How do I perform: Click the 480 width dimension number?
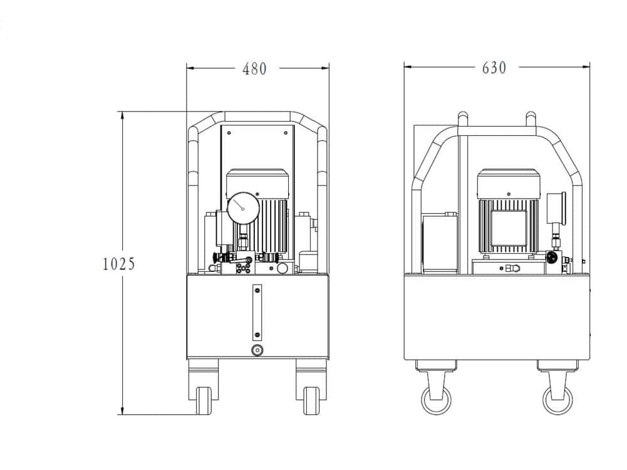[254, 69]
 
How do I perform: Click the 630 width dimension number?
[494, 68]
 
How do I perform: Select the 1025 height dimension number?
[119, 264]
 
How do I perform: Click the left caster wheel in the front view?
[204, 400]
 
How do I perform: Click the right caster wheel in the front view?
[311, 400]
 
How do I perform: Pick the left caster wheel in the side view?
[436, 399]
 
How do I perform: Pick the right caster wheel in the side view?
[557, 399]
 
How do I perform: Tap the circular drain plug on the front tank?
[257, 350]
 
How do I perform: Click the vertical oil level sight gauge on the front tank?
[257, 313]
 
